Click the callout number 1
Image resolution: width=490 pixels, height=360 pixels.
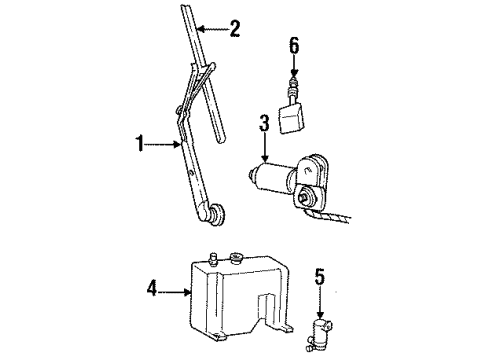(140, 144)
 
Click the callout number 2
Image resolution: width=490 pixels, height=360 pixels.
(235, 29)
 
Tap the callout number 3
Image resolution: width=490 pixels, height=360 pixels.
(264, 123)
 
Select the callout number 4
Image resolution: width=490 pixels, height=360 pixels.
(152, 288)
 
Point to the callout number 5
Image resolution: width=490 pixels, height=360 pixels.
(320, 277)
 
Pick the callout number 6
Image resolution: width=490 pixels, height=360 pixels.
(294, 46)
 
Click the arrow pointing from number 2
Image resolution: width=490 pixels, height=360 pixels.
(212, 29)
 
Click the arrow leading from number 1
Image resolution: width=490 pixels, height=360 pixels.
(163, 144)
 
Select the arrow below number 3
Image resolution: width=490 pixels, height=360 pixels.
(265, 147)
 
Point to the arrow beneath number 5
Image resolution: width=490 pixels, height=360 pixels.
(320, 302)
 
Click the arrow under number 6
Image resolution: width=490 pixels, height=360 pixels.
(294, 66)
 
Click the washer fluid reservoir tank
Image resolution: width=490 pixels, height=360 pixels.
(239, 297)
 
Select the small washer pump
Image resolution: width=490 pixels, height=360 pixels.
(320, 333)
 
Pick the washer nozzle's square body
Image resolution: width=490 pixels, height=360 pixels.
(292, 117)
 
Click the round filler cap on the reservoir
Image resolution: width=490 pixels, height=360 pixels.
(236, 258)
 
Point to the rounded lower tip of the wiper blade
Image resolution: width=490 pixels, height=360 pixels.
(221, 137)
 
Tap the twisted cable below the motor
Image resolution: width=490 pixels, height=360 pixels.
(328, 216)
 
